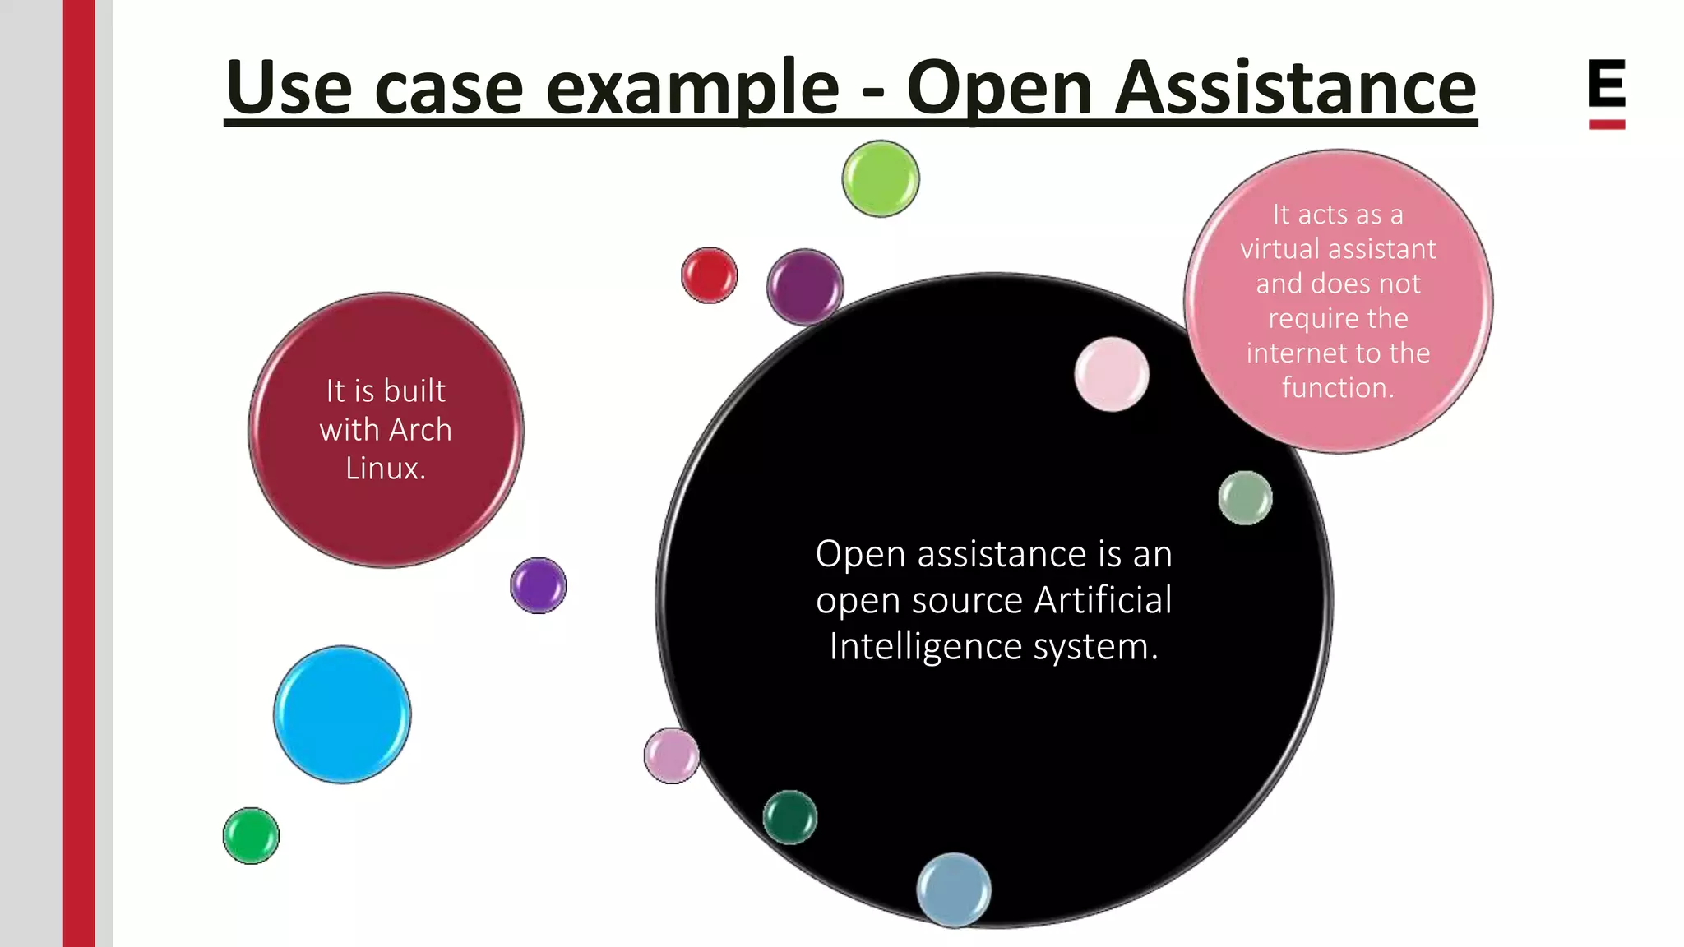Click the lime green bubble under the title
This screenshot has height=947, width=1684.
pos(881,178)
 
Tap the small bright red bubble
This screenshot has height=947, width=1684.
pos(710,275)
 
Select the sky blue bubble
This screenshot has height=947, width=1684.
pos(342,714)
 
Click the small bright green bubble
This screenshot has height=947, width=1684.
pos(251,835)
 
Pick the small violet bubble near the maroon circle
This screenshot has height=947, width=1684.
pos(539,585)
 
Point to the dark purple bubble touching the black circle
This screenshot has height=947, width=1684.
pos(805,287)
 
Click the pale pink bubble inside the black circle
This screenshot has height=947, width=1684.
pos(1112,374)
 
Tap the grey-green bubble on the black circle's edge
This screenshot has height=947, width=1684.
pos(1245,497)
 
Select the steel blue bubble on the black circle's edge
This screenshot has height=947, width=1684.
pos(954,889)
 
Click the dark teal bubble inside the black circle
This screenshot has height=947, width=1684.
pos(790,817)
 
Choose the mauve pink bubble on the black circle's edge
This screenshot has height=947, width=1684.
pos(672,755)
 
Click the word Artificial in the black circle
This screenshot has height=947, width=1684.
pos(1103,600)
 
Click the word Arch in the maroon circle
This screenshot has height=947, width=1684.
pos(420,430)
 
